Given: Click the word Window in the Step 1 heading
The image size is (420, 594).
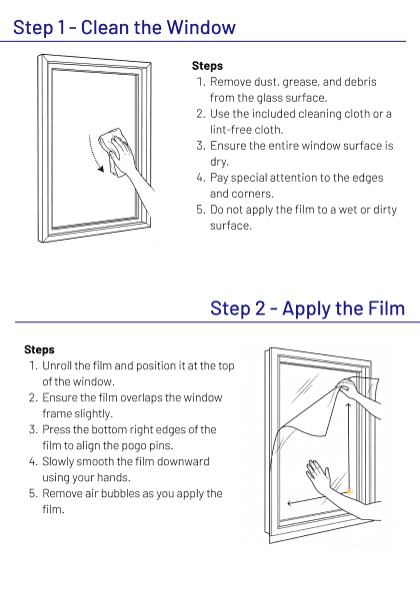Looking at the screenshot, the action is (x=201, y=27).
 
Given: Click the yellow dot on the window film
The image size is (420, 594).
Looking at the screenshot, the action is (x=349, y=491).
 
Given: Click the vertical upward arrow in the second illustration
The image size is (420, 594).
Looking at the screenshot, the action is (x=348, y=446).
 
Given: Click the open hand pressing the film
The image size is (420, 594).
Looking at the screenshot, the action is (x=322, y=478).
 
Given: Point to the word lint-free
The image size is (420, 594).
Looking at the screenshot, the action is (x=231, y=130).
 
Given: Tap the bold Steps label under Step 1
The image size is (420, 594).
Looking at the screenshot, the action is (x=207, y=66).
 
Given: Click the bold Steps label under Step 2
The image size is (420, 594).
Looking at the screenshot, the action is (x=39, y=349).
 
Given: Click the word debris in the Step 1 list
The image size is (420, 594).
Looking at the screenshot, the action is (x=360, y=82).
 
